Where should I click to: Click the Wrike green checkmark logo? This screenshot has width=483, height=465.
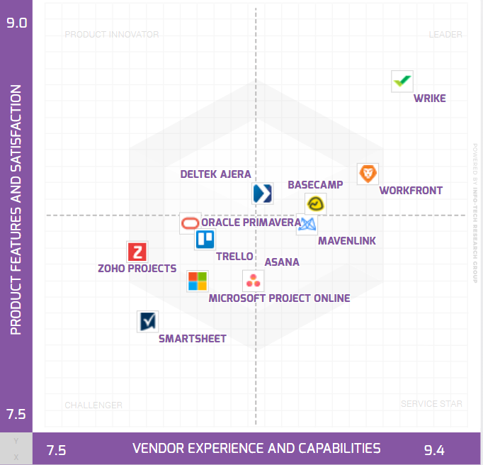coord(402,82)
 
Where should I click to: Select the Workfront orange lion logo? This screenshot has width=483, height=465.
coord(368,174)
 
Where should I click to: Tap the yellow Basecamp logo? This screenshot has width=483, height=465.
coord(315,204)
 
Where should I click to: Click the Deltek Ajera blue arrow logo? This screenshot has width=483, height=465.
coord(263,194)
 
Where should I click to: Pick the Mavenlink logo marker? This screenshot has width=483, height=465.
coord(307,224)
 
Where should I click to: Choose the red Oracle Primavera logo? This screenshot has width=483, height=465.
coord(190,223)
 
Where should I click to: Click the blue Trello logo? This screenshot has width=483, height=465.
coord(205,240)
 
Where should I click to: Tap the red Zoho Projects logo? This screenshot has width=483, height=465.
coord(137,252)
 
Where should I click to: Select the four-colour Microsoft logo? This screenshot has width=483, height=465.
coord(198,281)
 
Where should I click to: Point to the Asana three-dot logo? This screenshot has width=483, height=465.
coord(253,281)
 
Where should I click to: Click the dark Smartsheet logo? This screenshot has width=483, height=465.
coord(147,321)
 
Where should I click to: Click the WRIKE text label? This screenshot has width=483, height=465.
coord(430,99)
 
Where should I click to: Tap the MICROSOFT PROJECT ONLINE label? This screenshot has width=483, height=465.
coord(279,298)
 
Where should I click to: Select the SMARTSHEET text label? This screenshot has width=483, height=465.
coord(193,339)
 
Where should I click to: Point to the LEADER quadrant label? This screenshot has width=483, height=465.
coord(445,35)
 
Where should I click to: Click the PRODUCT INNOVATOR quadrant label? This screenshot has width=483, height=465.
coord(112,35)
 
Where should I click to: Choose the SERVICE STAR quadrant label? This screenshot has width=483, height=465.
coord(431,404)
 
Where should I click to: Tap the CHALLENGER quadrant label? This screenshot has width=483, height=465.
coord(93,405)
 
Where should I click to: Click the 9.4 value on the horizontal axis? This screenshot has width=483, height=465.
coord(434,450)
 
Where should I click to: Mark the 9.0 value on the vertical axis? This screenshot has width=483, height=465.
coord(16,23)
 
